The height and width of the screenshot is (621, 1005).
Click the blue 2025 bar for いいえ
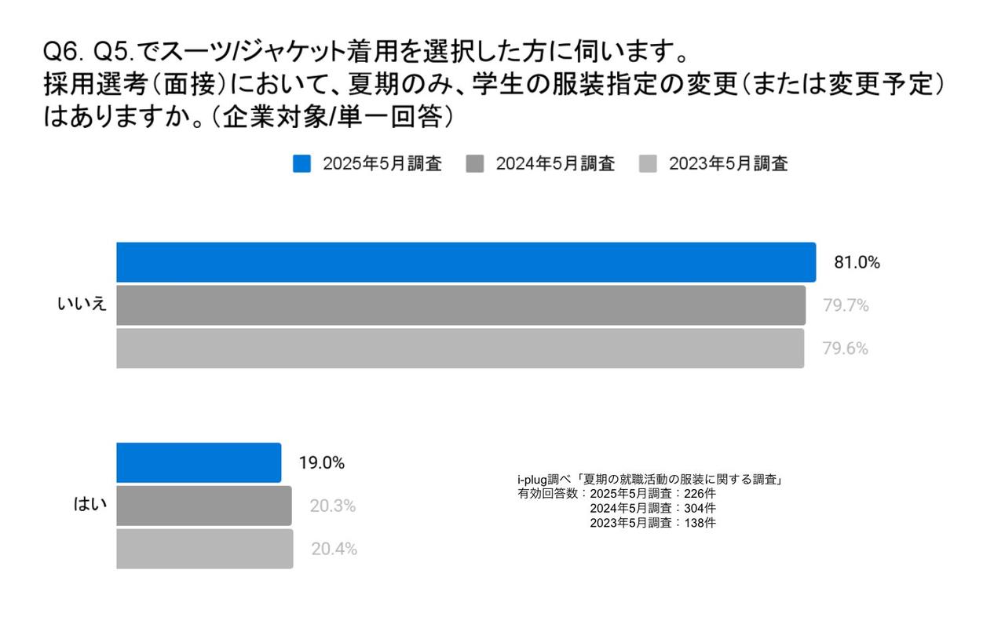pos(466,262)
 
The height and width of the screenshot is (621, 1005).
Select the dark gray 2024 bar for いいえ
pos(461,305)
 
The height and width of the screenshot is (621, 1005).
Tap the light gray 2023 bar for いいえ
pos(460,348)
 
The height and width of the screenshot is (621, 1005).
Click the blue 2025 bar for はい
pos(199,462)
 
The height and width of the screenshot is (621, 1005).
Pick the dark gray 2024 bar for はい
pos(204,506)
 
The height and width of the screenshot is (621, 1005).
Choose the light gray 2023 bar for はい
pos(205,549)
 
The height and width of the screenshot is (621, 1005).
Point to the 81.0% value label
pos(857,263)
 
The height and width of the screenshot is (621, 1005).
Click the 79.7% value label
pos(846,306)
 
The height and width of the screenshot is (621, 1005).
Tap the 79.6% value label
pos(845,349)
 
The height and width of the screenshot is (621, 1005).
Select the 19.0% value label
pos(321,463)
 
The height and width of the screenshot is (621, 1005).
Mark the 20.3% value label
pos(332,506)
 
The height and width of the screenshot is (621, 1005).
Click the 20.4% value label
pos(334,550)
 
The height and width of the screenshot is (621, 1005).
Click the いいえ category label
pos(82,305)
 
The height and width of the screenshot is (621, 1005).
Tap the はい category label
pos(90,505)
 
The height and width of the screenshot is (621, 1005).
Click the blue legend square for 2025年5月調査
pos(302,164)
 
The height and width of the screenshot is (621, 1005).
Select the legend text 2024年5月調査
pos(555,164)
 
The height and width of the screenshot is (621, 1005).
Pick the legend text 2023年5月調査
pos(728,164)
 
